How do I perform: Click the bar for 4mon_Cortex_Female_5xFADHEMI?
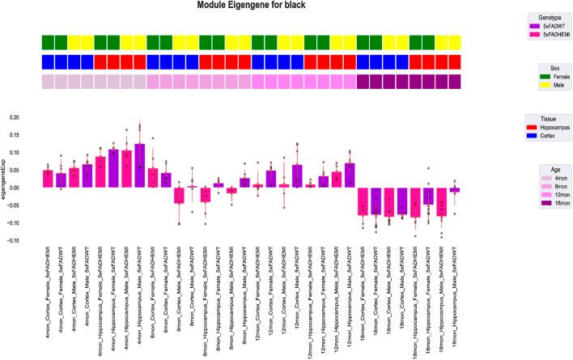coord(48,179)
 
